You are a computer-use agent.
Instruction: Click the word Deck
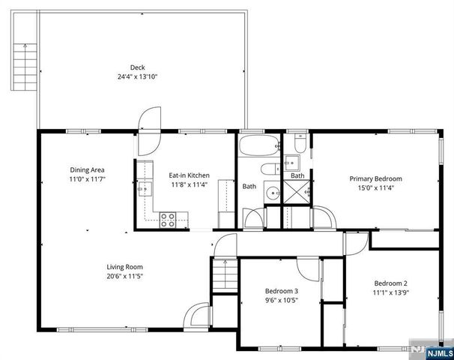(x=136, y=67)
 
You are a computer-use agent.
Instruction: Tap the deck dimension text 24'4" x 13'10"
(x=136, y=76)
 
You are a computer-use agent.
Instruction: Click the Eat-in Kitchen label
(x=189, y=175)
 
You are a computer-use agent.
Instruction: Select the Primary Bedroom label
(x=376, y=178)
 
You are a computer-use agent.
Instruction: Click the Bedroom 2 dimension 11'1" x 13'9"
(x=391, y=292)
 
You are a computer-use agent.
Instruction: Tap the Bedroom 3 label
(x=282, y=291)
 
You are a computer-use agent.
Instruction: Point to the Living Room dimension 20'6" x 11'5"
(x=124, y=276)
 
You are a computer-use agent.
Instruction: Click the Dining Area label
(x=86, y=169)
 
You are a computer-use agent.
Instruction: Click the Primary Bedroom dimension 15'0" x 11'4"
(x=376, y=188)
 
